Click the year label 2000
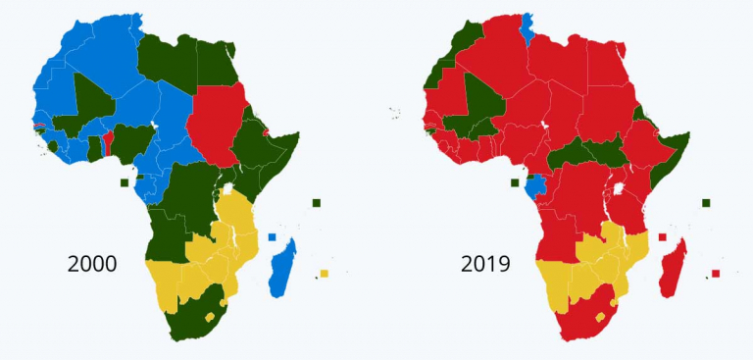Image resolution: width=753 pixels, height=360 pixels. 92,264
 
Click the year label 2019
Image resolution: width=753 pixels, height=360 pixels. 486,264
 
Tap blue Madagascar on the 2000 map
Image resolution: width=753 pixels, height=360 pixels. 281,268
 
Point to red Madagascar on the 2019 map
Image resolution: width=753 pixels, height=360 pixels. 674,268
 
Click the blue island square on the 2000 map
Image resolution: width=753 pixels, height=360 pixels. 272,237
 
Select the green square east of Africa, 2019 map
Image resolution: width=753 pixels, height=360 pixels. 705,203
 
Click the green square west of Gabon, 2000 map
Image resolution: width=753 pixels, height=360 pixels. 125,182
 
